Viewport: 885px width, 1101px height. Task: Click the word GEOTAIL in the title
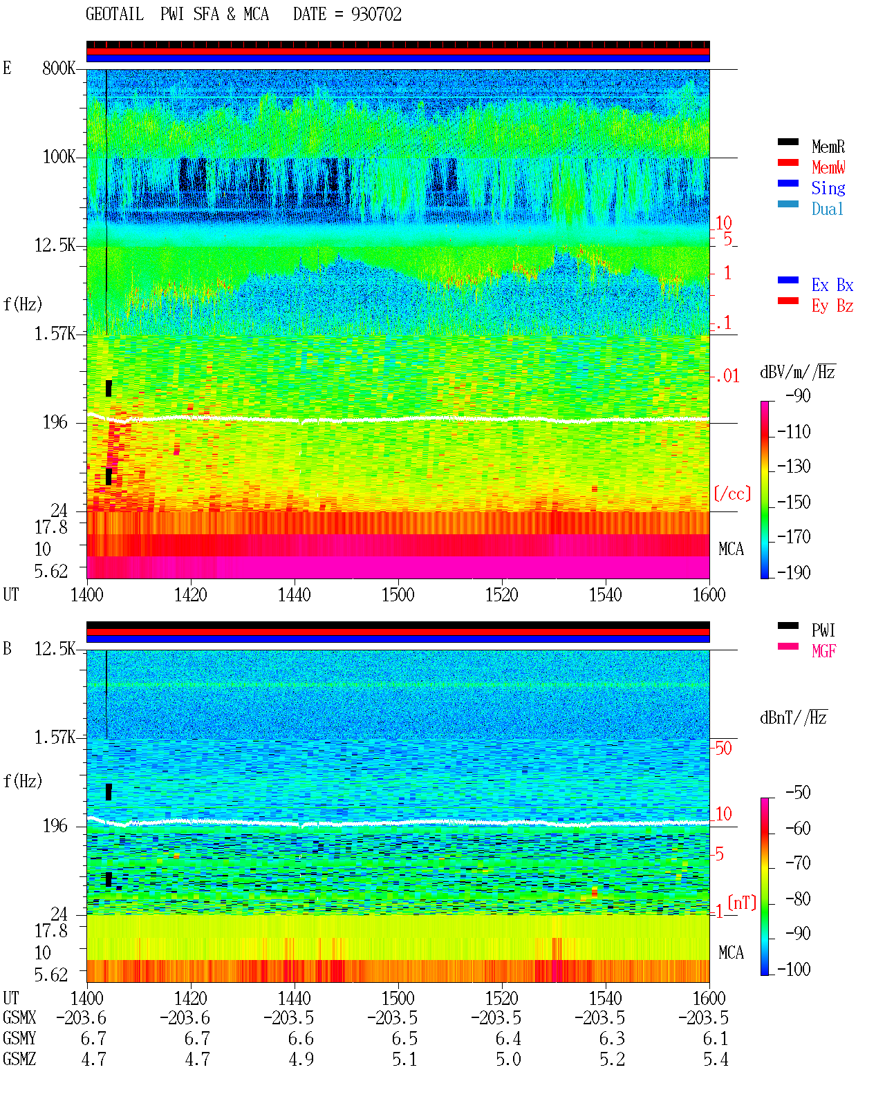click(115, 14)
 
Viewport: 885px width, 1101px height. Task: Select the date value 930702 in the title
click(376, 14)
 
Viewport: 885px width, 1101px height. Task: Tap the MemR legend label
click(828, 147)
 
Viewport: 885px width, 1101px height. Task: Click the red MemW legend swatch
click(788, 162)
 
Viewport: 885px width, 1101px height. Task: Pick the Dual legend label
click(828, 209)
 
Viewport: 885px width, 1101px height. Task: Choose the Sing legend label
click(828, 188)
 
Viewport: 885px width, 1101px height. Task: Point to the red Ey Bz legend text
click(832, 306)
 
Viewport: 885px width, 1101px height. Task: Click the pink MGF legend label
click(823, 651)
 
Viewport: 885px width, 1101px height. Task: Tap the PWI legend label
click(823, 630)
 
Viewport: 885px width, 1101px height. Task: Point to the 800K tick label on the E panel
click(59, 68)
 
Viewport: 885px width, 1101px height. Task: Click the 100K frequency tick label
click(59, 157)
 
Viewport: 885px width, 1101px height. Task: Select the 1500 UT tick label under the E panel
click(398, 595)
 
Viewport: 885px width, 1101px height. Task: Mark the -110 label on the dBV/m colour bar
click(794, 432)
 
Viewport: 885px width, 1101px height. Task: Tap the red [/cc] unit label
click(732, 493)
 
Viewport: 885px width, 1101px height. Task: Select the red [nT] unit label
click(742, 903)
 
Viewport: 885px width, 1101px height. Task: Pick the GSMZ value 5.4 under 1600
click(716, 1059)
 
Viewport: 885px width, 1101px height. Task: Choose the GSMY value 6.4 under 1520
click(508, 1039)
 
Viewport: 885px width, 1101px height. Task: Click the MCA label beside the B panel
click(731, 952)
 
